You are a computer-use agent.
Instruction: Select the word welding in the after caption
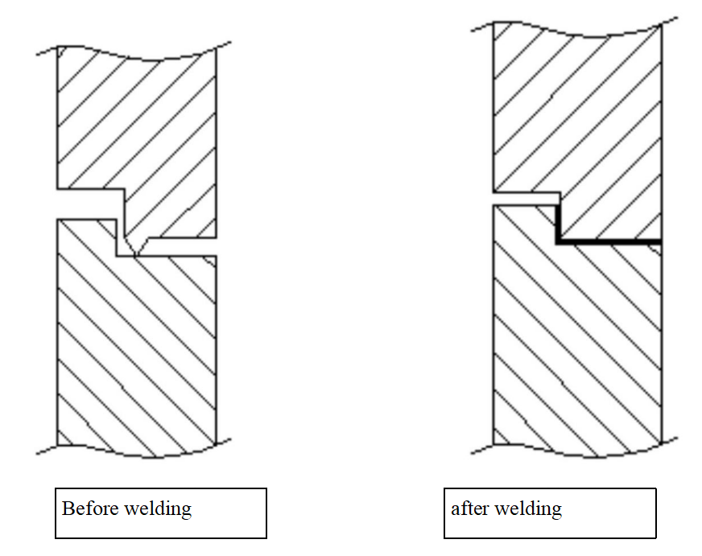[531, 509]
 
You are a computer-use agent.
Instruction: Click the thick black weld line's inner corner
[558, 241]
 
